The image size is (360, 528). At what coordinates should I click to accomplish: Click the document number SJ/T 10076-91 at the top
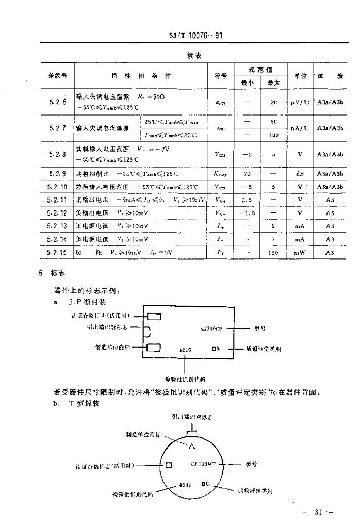(x=196, y=37)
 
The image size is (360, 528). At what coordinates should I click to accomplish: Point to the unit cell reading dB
(x=300, y=174)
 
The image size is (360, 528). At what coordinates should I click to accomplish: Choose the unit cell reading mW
(x=300, y=253)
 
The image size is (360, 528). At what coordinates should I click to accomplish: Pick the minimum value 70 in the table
(x=247, y=174)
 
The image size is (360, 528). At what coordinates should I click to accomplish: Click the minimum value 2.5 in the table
(x=247, y=200)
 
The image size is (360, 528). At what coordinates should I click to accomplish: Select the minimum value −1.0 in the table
(x=247, y=213)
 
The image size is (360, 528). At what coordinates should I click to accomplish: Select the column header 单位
(x=300, y=76)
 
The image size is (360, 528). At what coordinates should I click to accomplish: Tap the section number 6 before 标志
(x=40, y=273)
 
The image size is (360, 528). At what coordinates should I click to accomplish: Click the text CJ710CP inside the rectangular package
(x=211, y=328)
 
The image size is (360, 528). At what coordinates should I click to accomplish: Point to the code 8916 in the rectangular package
(x=186, y=350)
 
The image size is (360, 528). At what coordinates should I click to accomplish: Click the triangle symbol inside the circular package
(x=192, y=445)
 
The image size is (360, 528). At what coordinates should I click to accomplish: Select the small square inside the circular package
(x=169, y=465)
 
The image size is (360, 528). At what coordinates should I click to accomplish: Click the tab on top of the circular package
(x=192, y=427)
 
